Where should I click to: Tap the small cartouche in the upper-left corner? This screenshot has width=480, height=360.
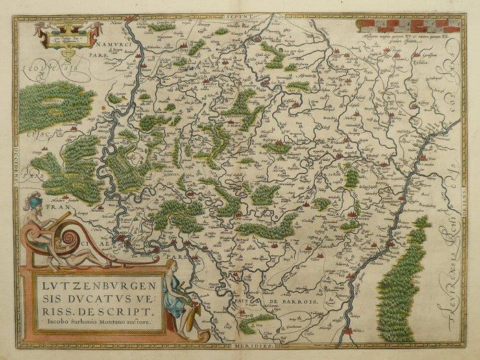click(x=67, y=34)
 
